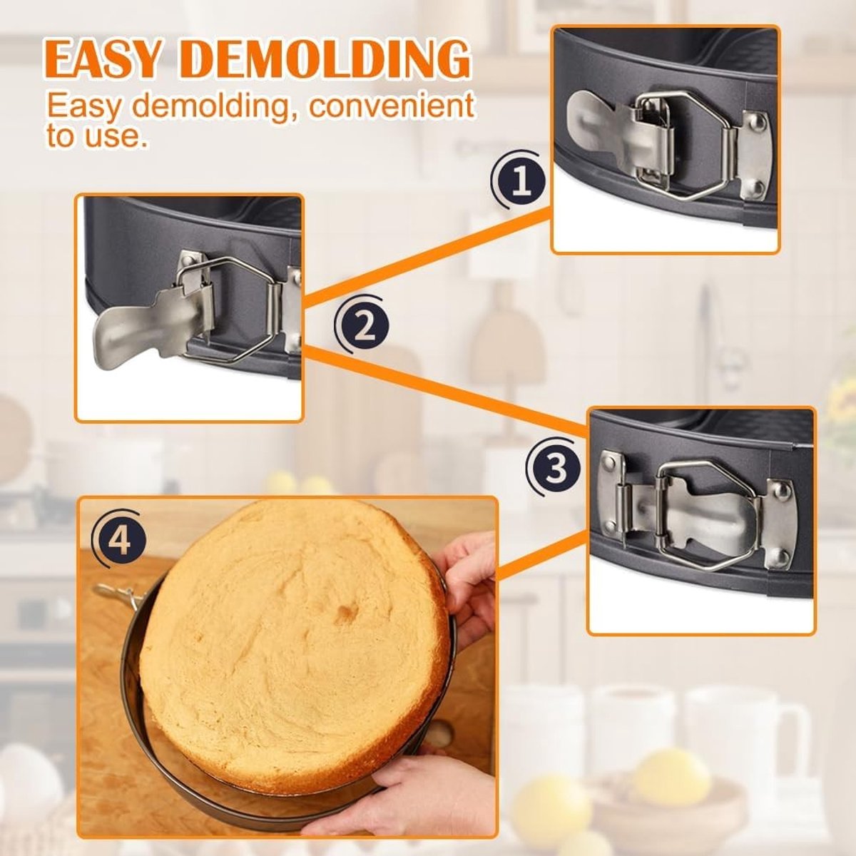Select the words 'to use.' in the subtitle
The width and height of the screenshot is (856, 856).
pyautogui.click(x=96, y=136)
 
